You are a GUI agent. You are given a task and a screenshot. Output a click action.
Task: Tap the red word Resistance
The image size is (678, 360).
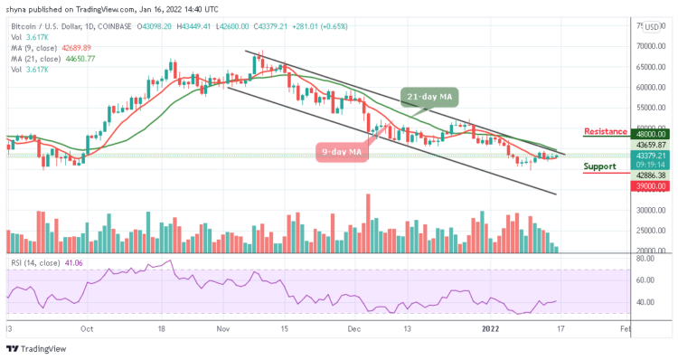pos(604,132)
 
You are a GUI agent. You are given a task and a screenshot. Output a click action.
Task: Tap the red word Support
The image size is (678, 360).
pos(600,167)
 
